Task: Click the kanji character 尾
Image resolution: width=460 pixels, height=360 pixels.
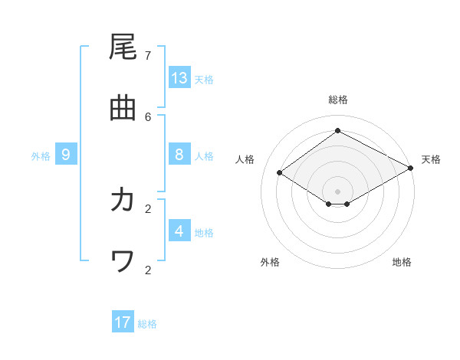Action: pyautogui.click(x=123, y=47)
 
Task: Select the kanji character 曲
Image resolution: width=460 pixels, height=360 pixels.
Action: pyautogui.click(x=123, y=109)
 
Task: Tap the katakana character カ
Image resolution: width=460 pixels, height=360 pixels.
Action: pyautogui.click(x=123, y=200)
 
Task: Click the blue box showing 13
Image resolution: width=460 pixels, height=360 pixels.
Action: pyautogui.click(x=179, y=78)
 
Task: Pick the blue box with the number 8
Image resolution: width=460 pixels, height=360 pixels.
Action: pyautogui.click(x=179, y=155)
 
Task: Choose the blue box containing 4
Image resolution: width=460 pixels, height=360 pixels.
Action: pyautogui.click(x=179, y=231)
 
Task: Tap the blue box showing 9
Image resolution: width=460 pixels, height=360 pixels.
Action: pyautogui.click(x=66, y=155)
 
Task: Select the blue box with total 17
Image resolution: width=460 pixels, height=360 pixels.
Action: pyautogui.click(x=123, y=322)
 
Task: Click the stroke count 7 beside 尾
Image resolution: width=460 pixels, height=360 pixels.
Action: pyautogui.click(x=148, y=55)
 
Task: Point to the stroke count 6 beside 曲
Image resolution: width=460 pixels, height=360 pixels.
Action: pyautogui.click(x=148, y=116)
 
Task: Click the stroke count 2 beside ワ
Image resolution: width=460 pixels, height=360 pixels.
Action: pyautogui.click(x=148, y=269)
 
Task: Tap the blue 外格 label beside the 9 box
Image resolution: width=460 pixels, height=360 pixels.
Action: pyautogui.click(x=41, y=155)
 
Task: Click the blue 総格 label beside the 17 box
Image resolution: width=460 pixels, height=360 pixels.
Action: pyautogui.click(x=147, y=323)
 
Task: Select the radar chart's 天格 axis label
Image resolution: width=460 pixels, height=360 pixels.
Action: pyautogui.click(x=431, y=159)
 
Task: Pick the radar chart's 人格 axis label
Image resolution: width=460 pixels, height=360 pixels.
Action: pyautogui.click(x=245, y=159)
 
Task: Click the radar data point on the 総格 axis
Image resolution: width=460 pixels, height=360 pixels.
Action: pyautogui.click(x=337, y=131)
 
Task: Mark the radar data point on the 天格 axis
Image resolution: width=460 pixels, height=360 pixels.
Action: pyautogui.click(x=412, y=167)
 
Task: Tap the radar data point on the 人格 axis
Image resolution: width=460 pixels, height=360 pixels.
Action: pyautogui.click(x=280, y=173)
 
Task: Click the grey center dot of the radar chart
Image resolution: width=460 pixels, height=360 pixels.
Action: pyautogui.click(x=337, y=191)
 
